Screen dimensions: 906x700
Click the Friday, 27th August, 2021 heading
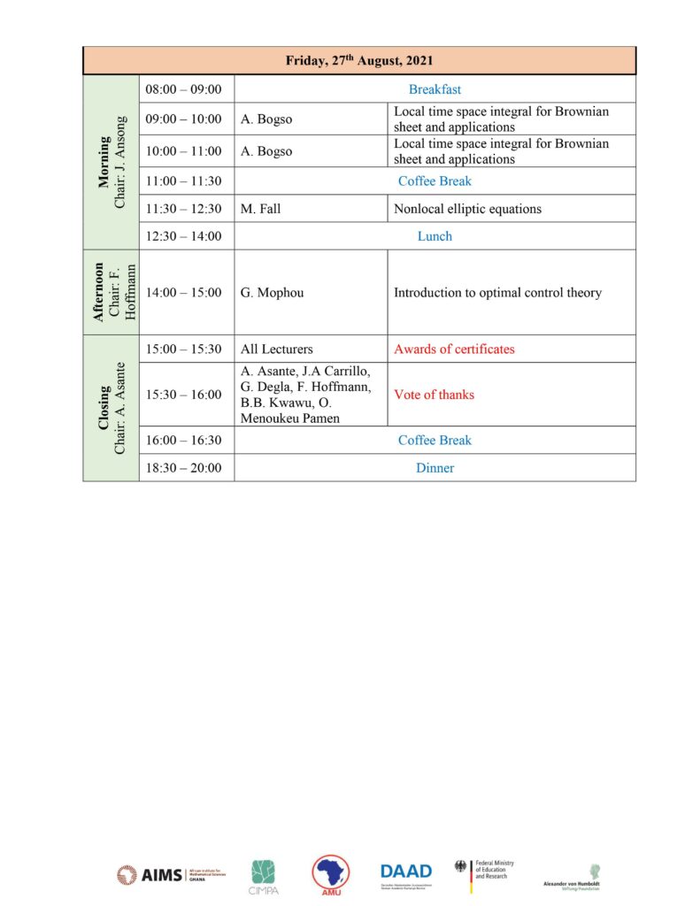click(x=359, y=60)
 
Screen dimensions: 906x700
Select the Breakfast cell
click(x=435, y=89)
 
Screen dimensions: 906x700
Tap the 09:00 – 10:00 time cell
click(x=184, y=119)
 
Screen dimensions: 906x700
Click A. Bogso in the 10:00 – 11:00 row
click(x=266, y=151)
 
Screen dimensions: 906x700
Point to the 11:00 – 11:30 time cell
click(x=184, y=181)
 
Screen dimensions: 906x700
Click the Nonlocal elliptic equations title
click(x=467, y=209)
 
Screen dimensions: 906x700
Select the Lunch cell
click(x=435, y=236)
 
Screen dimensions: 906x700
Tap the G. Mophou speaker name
click(x=272, y=292)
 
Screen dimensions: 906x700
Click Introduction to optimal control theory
click(x=497, y=292)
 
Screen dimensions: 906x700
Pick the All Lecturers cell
click(x=276, y=349)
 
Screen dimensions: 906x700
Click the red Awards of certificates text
click(x=454, y=349)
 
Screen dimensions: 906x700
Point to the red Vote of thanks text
click(x=434, y=395)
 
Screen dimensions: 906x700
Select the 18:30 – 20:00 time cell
click(x=184, y=468)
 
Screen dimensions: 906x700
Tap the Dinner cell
click(x=435, y=468)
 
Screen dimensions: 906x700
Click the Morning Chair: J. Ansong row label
click(x=112, y=162)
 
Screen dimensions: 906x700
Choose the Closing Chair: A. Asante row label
click(x=112, y=408)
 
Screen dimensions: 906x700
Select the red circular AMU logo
click(x=330, y=874)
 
